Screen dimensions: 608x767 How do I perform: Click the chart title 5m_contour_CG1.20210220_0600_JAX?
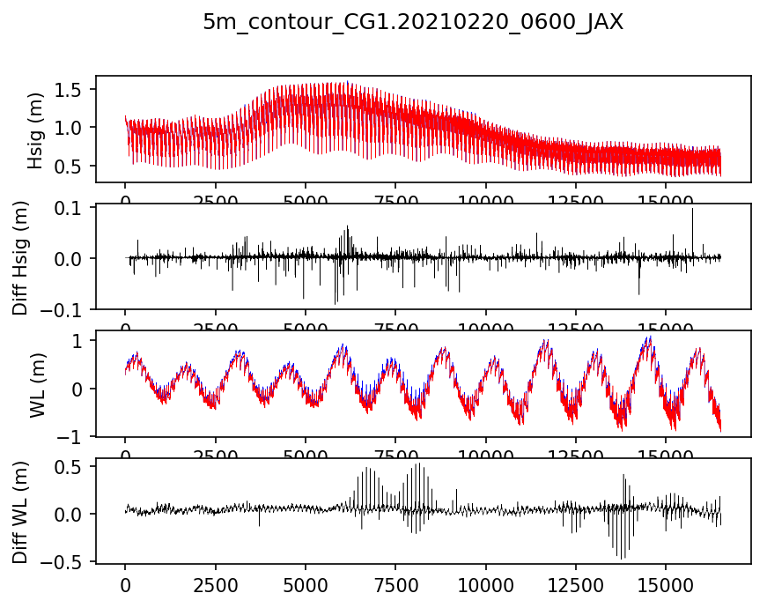413,23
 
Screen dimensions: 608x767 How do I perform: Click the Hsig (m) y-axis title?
35,130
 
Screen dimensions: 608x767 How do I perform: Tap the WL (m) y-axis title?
35,384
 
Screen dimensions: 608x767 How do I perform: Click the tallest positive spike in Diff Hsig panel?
692,210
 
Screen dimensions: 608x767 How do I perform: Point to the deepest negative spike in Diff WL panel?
620,558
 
